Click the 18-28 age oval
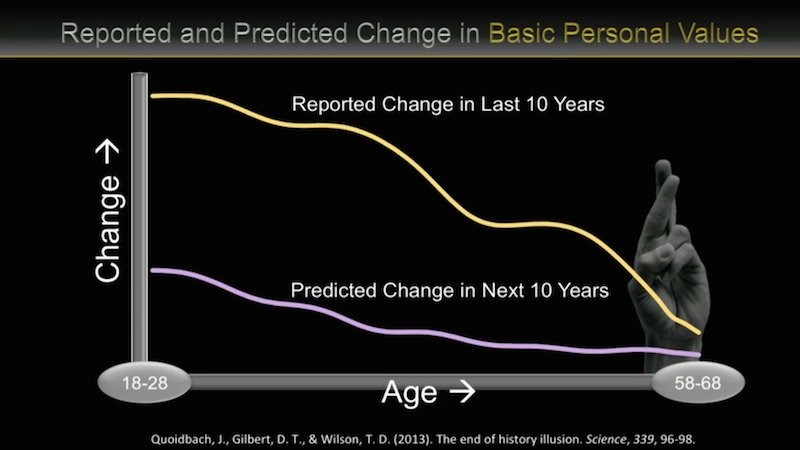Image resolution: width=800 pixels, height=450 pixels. [144, 382]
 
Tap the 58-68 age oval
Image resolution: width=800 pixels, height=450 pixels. [698, 382]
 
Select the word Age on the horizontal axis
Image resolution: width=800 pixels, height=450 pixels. [409, 392]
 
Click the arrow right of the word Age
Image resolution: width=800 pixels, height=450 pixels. [462, 392]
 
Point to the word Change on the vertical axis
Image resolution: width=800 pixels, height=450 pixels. [108, 229]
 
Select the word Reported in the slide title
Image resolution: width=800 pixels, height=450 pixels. [116, 34]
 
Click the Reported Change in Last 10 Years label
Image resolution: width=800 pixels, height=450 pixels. [448, 104]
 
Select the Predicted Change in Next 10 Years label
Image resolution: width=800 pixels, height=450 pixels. [449, 290]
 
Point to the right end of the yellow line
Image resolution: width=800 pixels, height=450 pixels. [699, 333]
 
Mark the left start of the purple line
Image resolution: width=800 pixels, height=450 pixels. [153, 270]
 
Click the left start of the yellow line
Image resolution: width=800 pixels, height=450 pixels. [153, 95]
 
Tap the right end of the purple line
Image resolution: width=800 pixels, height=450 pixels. [699, 355]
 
